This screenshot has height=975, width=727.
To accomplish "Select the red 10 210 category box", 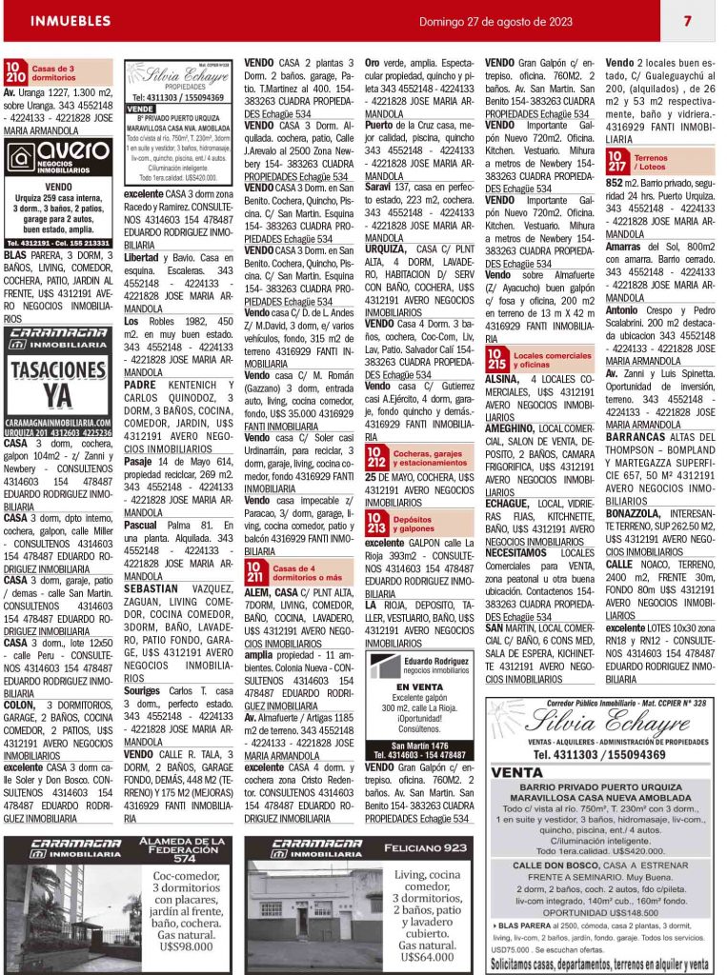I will pyautogui.click(x=15, y=71).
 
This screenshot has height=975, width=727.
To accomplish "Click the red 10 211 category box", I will pyautogui.click(x=256, y=572).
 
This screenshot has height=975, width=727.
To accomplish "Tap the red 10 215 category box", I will pyautogui.click(x=496, y=358).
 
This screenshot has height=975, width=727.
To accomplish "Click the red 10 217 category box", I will pyautogui.click(x=616, y=162).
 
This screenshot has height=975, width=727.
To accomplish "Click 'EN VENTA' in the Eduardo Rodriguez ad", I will pyautogui.click(x=420, y=686).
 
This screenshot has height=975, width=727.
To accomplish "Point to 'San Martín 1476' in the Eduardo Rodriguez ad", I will pyautogui.click(x=420, y=745).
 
